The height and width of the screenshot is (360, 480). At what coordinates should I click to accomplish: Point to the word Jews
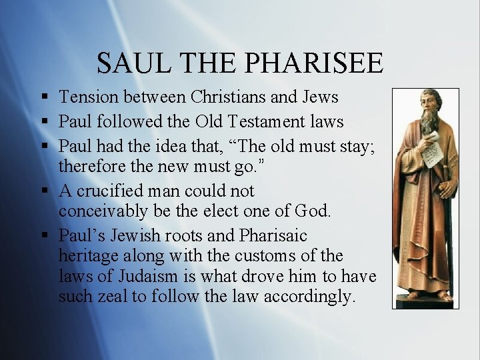coord(320,97)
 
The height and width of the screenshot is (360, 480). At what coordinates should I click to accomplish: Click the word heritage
coord(85,255)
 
